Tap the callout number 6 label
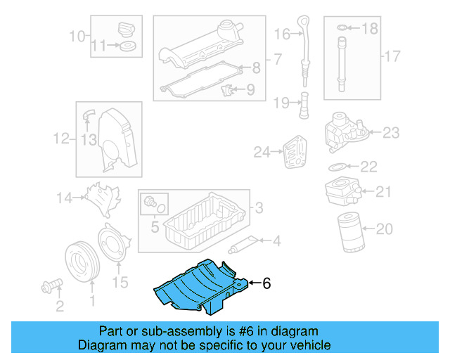tap(266, 284)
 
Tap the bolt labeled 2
tap(52, 286)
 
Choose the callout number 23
tap(391, 132)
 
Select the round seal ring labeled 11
tap(127, 46)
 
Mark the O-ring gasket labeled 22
tap(337, 167)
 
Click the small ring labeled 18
tap(341, 28)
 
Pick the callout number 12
tap(61, 139)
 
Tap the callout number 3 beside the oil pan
tap(259, 207)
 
